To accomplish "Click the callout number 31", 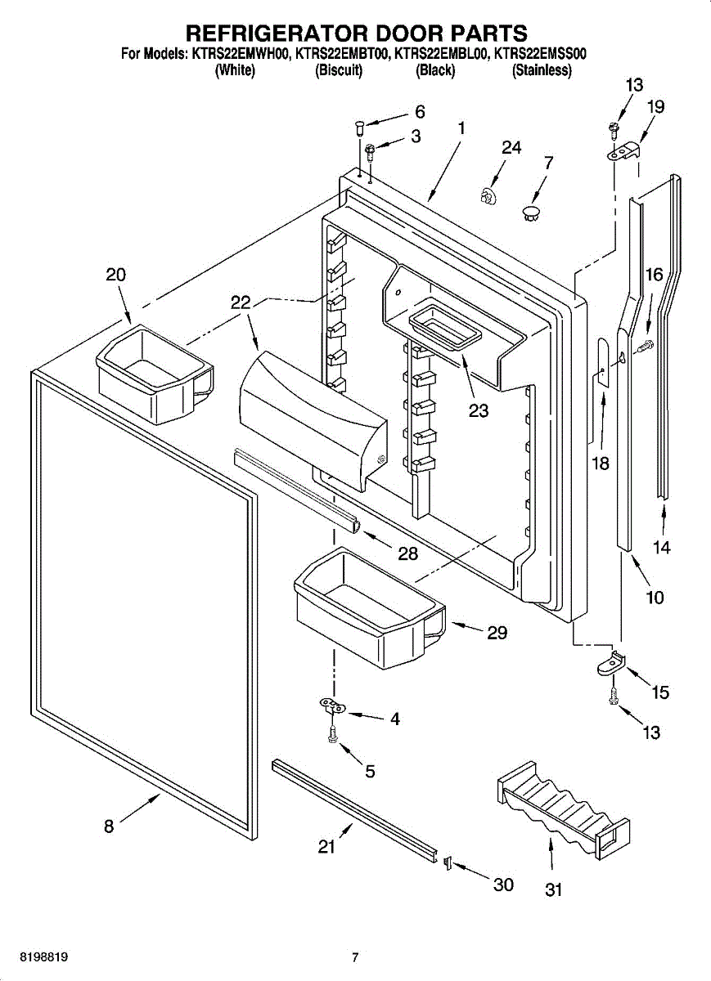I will [554, 890].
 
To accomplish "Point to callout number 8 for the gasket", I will [109, 826].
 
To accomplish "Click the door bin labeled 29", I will [367, 609].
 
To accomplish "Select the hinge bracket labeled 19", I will [626, 150].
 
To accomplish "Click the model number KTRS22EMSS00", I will [542, 56].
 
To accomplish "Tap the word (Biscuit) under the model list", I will [339, 71].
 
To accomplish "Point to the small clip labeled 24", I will [488, 196].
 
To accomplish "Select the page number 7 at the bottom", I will [355, 957].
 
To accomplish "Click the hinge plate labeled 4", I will [331, 706].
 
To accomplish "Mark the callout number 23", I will [479, 410].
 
